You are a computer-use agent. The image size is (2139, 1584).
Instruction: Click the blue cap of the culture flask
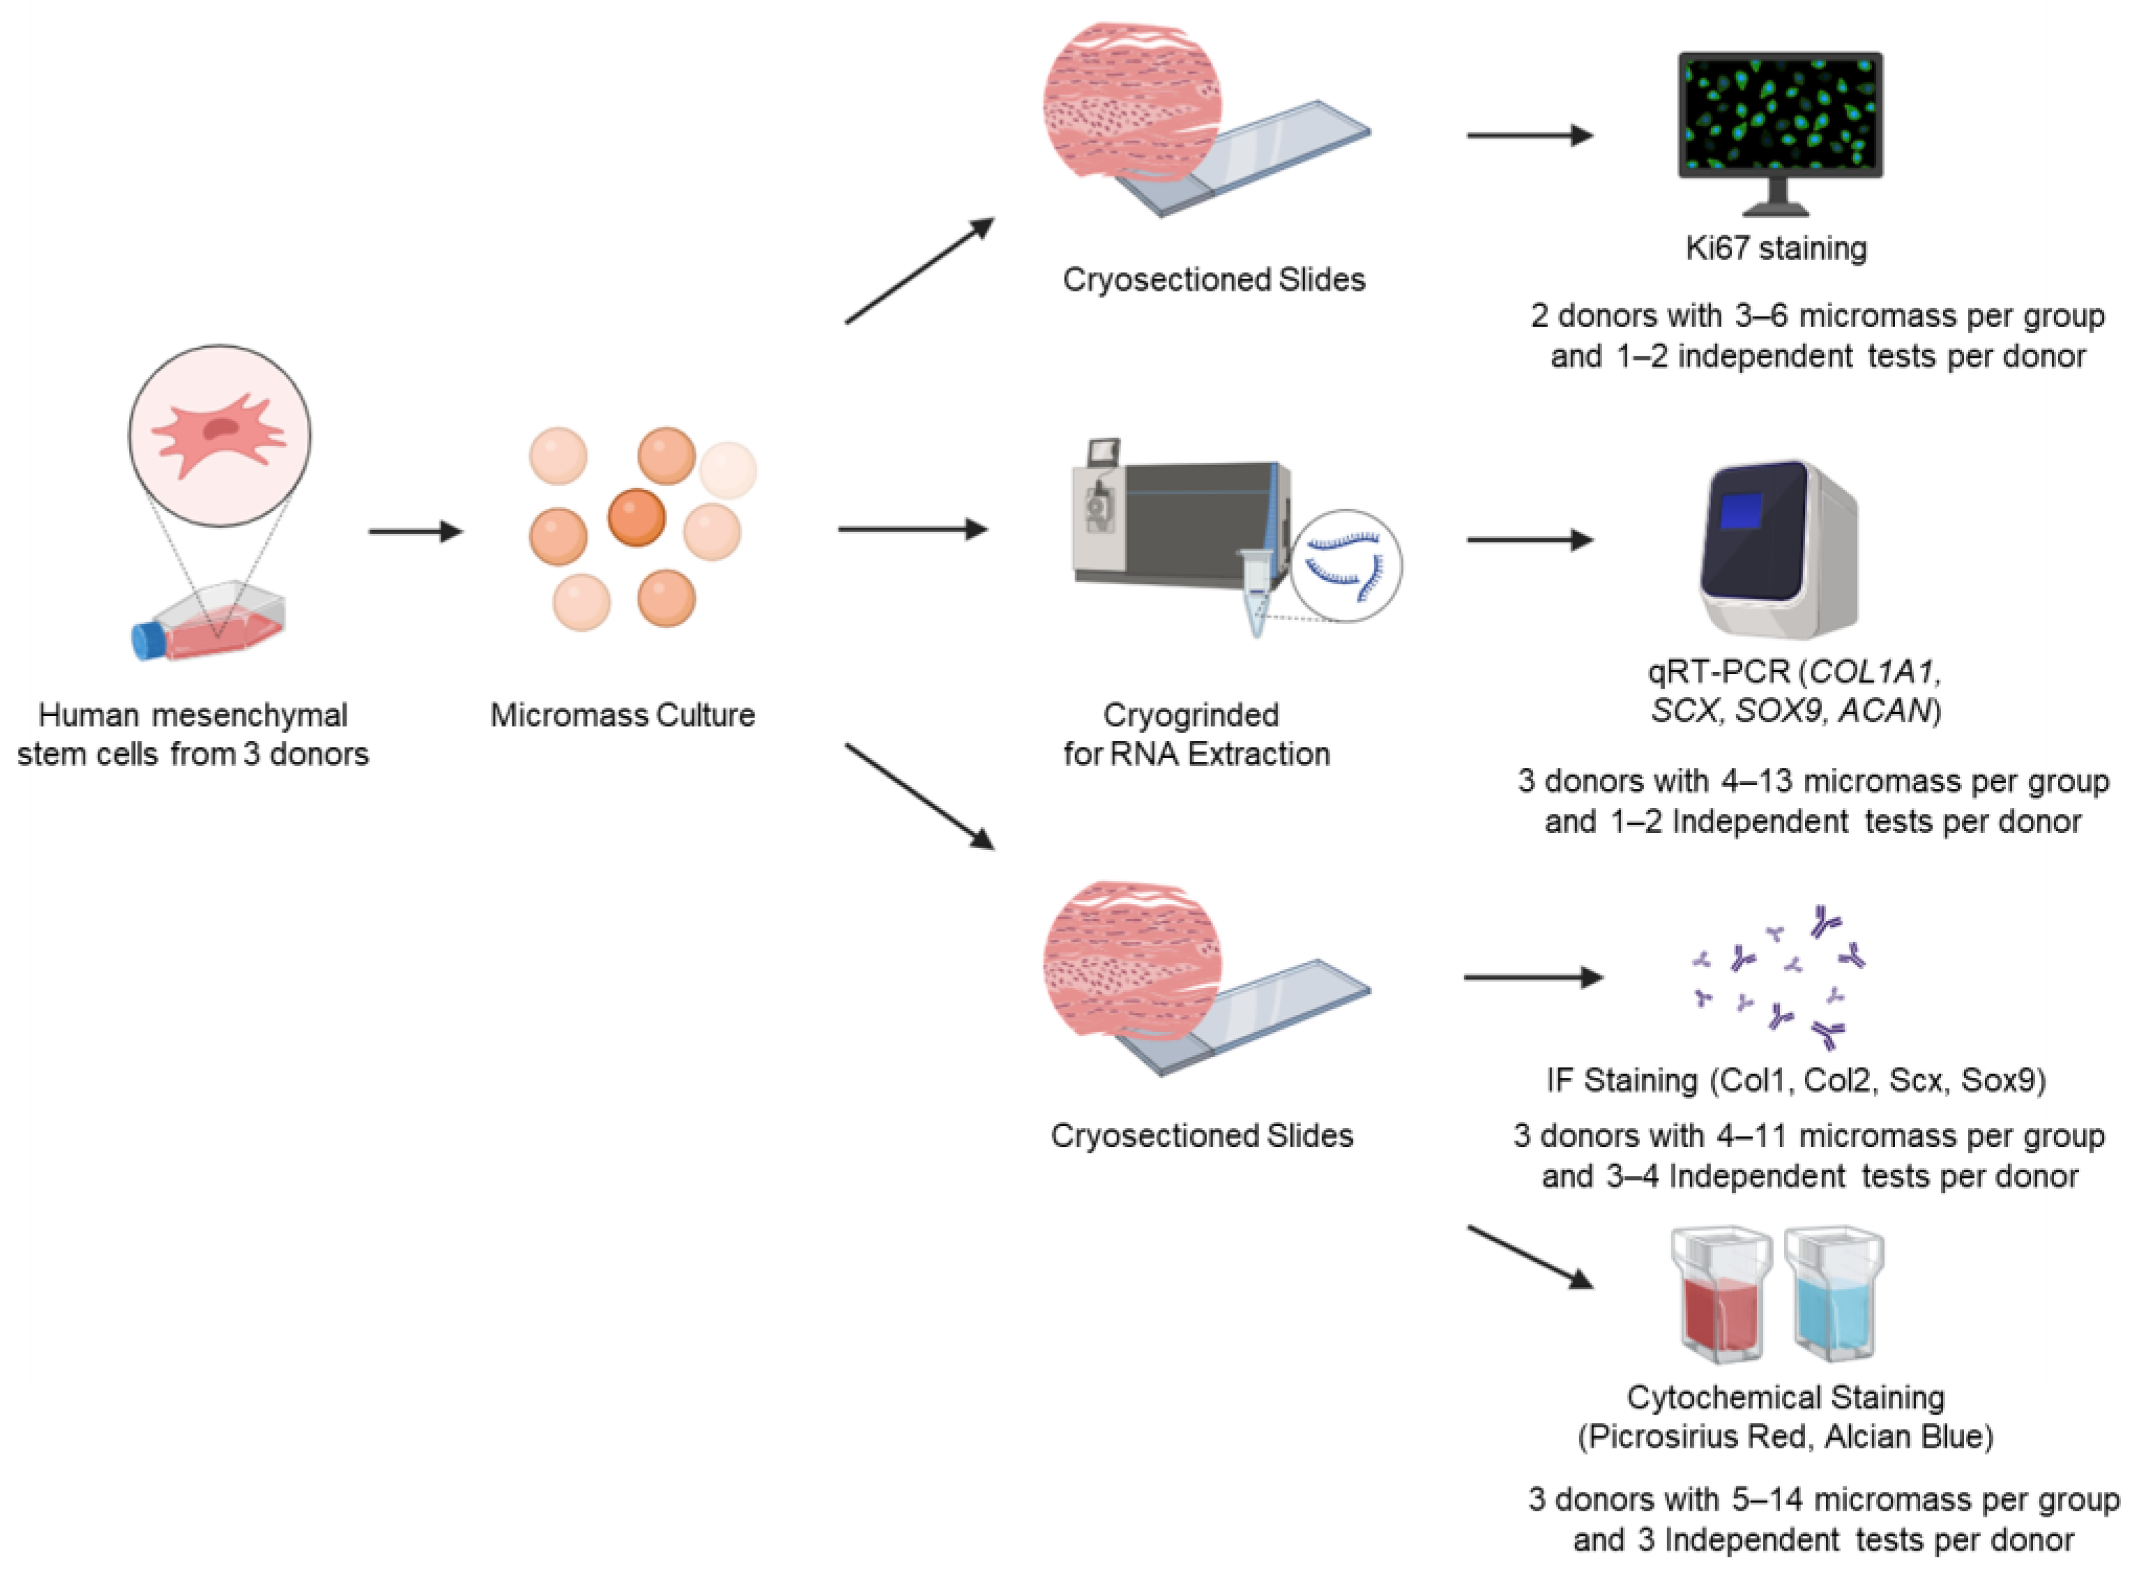pos(149,641)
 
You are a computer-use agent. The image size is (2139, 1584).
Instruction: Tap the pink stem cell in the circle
pos(219,434)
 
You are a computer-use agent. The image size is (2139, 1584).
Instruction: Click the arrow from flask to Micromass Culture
pos(415,531)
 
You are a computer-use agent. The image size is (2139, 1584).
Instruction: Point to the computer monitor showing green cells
pos(1779,117)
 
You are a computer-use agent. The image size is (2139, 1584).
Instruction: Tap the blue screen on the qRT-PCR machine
pos(1740,511)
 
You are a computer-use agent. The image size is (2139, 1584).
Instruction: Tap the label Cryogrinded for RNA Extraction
pos(1196,734)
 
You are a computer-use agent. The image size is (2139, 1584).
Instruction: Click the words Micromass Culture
pos(622,715)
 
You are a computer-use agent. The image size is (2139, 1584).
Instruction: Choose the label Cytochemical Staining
pos(1786,1398)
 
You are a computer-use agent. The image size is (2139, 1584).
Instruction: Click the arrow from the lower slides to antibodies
pos(1532,977)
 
